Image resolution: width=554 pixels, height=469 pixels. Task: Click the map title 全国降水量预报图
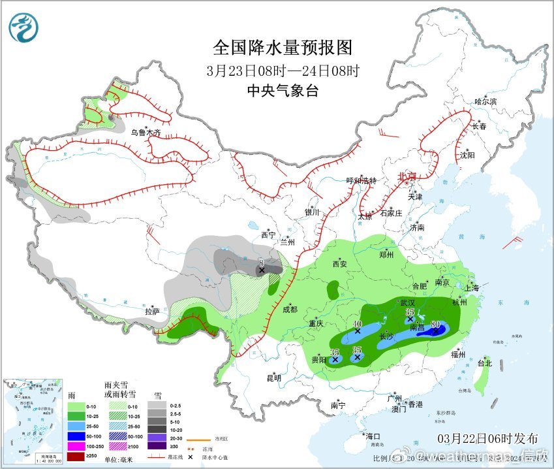point(283,48)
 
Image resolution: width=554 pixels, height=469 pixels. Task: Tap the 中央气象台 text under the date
point(283,91)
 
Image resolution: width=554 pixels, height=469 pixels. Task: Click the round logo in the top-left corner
point(24,27)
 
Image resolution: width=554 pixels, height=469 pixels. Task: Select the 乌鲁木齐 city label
point(145,133)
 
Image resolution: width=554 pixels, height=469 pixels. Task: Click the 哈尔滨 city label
point(485,102)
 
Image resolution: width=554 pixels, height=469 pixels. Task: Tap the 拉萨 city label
point(152,312)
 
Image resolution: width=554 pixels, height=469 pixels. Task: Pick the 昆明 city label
point(273,378)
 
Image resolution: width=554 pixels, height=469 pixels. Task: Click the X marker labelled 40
point(357,331)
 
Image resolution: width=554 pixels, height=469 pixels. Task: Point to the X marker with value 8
point(261,270)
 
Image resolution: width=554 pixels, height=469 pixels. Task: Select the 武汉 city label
point(407,302)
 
